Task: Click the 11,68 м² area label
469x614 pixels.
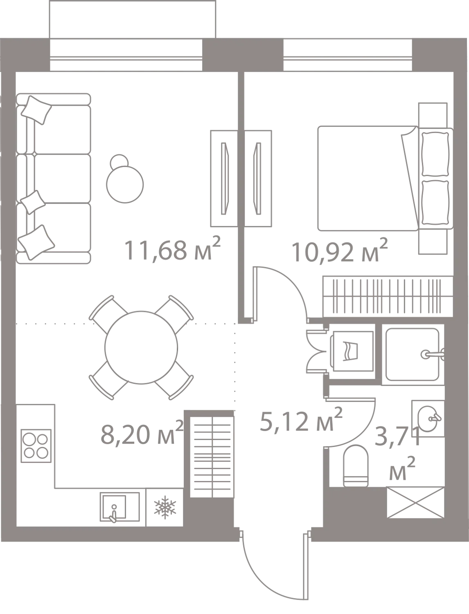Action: point(172,249)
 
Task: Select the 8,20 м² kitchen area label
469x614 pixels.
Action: point(142,432)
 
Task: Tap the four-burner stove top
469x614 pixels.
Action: point(36,446)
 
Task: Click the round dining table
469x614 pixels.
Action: point(141,348)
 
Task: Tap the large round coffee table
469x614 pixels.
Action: point(125,184)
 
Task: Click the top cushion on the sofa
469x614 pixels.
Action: point(36,110)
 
